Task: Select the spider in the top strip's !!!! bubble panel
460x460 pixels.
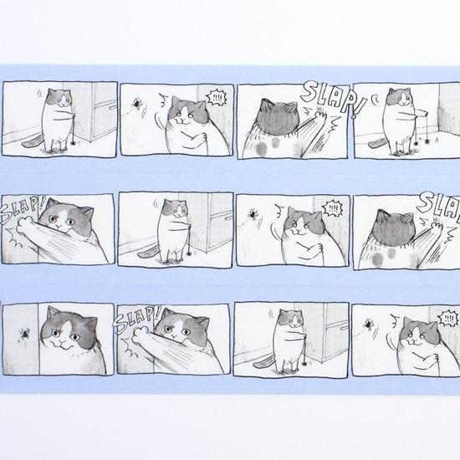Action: point(135,105)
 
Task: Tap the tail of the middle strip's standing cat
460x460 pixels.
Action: point(146,252)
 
